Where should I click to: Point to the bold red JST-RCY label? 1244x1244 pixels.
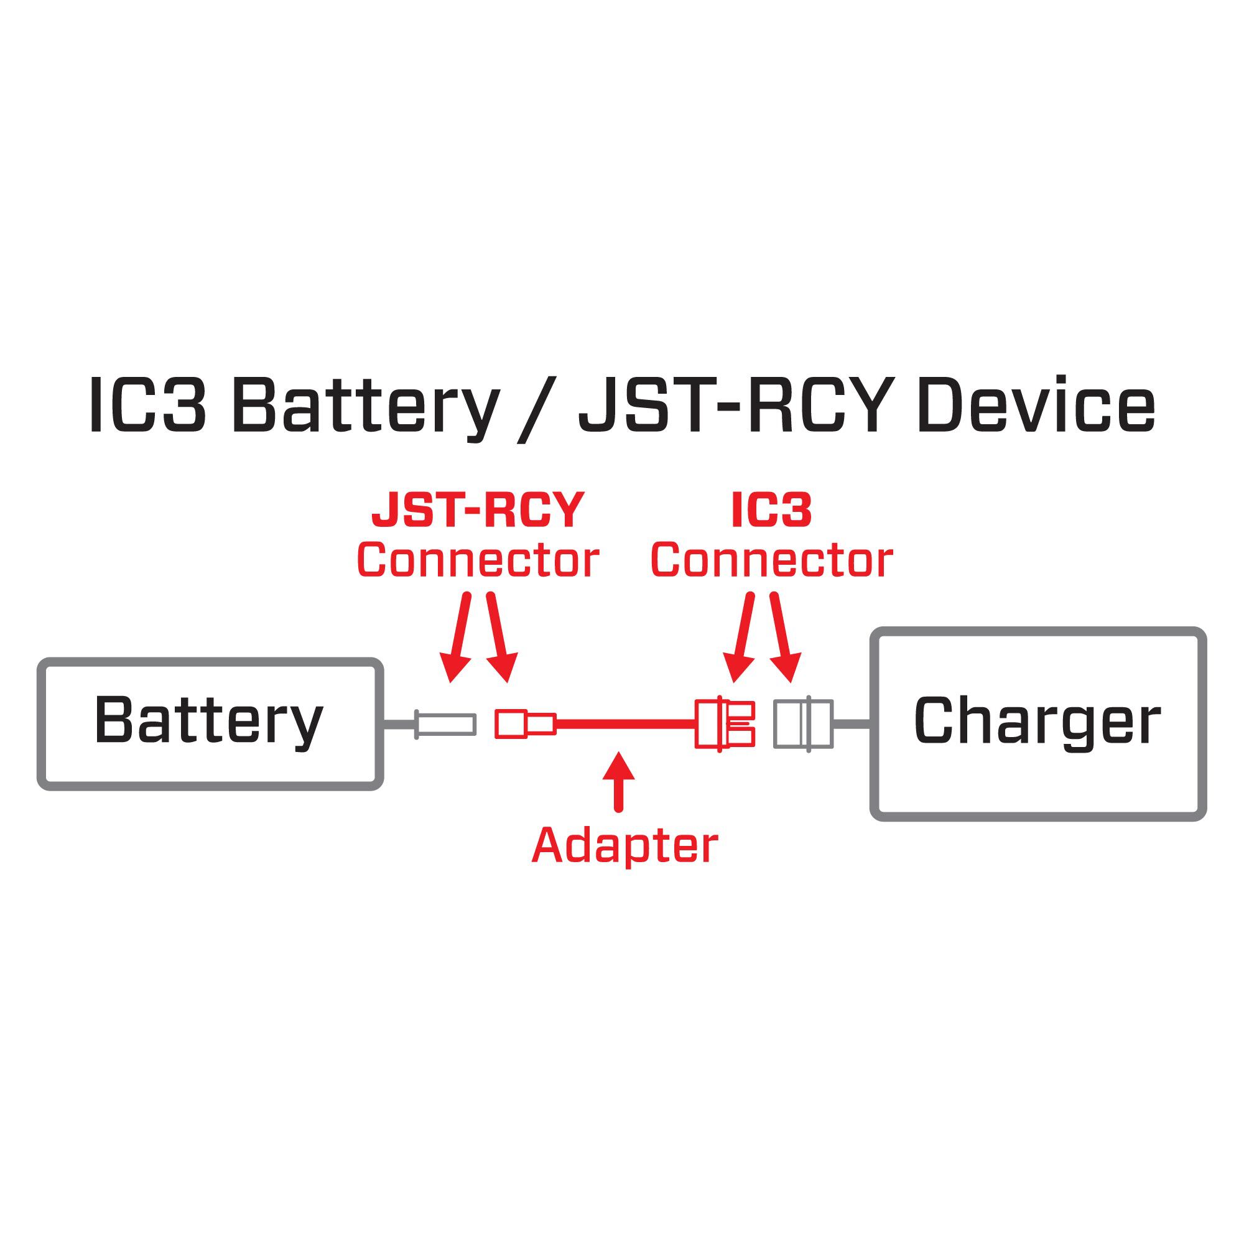tap(477, 511)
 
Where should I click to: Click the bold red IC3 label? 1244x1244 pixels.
tap(771, 511)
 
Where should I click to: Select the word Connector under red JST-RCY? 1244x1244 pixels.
tap(477, 560)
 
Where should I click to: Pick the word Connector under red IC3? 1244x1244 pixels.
tap(771, 560)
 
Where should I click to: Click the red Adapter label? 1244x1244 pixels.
tap(624, 845)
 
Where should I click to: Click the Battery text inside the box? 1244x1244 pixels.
tap(208, 721)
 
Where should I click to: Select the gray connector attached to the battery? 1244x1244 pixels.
tap(445, 725)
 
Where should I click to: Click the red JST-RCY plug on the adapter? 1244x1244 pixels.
tap(524, 724)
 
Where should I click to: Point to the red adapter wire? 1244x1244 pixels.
tap(624, 725)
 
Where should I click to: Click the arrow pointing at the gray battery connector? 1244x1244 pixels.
tap(458, 638)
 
